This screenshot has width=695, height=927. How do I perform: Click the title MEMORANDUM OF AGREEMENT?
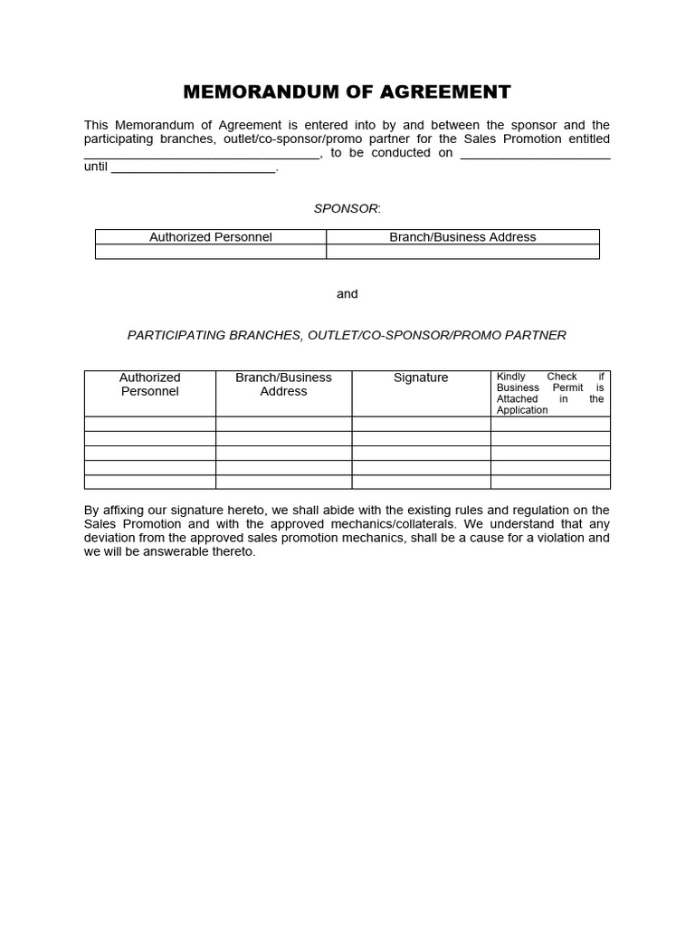347,91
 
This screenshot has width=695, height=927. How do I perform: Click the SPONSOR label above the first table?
347,208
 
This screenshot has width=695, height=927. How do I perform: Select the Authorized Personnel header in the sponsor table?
210,237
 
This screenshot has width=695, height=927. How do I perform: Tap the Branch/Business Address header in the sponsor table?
462,237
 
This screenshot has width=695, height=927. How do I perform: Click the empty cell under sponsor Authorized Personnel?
210,252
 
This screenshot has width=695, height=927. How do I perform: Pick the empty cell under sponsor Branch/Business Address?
462,252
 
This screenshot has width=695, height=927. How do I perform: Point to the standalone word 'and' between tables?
347,294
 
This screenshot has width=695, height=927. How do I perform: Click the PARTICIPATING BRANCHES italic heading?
347,335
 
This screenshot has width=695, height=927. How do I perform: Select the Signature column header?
421,377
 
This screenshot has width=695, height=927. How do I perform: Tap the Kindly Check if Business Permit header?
550,393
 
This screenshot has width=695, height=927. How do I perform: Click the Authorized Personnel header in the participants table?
150,385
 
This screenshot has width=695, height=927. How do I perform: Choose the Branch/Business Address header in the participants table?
283,385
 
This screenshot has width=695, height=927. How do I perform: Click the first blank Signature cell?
421,424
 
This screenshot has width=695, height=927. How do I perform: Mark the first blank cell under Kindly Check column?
550,424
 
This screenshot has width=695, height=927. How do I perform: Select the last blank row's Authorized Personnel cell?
150,482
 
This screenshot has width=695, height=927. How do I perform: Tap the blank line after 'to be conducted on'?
535,154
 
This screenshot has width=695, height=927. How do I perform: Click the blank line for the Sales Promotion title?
202,154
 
